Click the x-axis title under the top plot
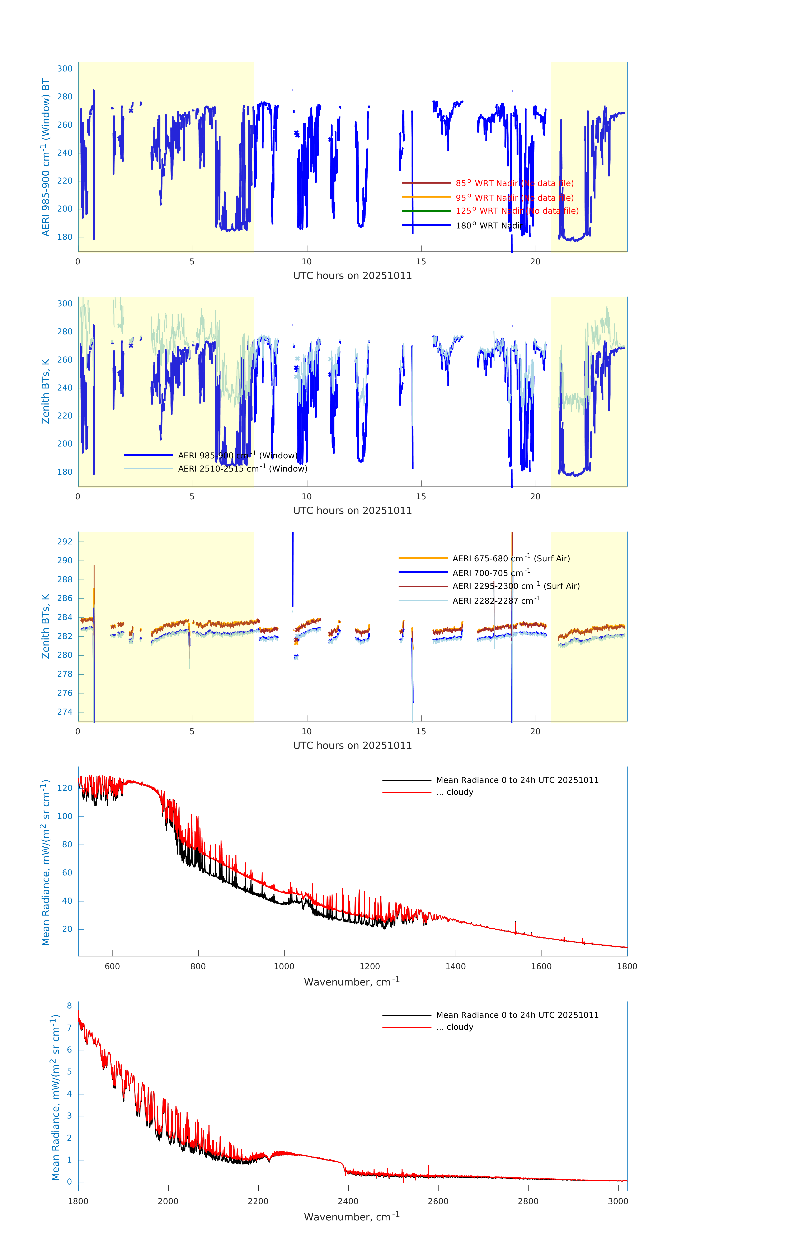[x=352, y=276]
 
